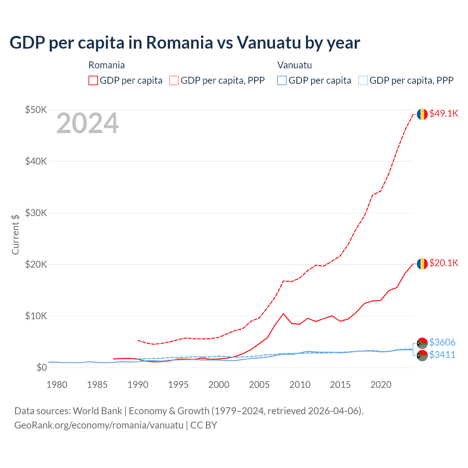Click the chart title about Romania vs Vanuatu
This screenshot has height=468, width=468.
(185, 42)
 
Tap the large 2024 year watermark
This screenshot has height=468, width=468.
(87, 124)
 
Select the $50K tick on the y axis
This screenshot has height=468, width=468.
(36, 110)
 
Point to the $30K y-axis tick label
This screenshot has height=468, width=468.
(36, 213)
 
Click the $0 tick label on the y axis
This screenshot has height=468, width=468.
(42, 367)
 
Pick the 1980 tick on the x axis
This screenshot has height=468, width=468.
(57, 385)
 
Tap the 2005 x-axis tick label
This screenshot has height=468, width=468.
(259, 385)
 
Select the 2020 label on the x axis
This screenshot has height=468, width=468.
(381, 385)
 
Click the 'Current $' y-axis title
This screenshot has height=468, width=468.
(15, 234)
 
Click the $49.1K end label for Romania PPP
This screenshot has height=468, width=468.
(444, 113)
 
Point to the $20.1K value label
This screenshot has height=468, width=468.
(444, 263)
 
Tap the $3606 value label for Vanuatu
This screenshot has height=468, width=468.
(442, 342)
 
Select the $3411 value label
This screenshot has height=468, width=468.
(442, 355)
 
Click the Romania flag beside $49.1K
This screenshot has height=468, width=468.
(422, 114)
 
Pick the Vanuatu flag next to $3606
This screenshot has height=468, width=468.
(422, 343)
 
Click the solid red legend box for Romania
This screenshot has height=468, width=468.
(93, 80)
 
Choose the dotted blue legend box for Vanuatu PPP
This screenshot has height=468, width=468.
(363, 80)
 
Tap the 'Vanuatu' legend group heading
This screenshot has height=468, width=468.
(294, 65)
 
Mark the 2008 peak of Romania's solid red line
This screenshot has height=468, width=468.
(283, 314)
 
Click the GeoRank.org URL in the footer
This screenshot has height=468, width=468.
(99, 425)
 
